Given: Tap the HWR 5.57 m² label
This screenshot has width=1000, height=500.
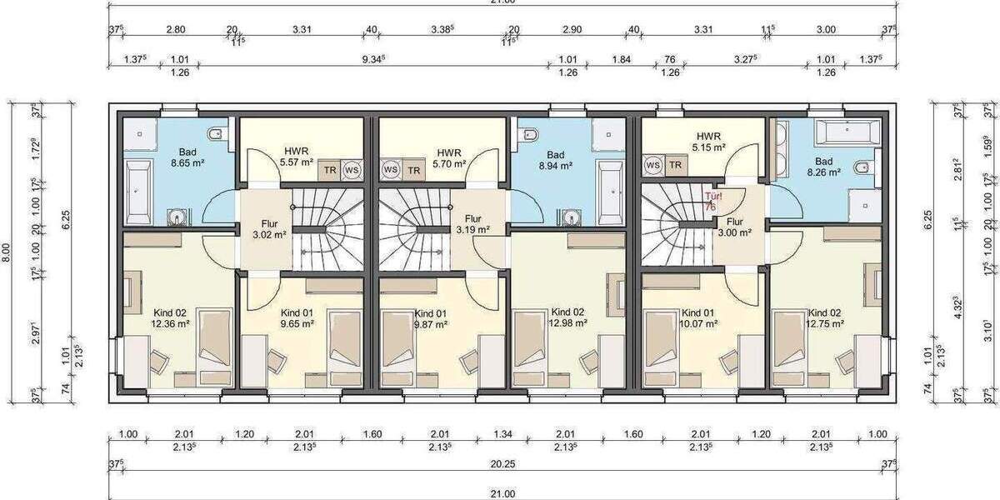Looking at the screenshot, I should point(296,156).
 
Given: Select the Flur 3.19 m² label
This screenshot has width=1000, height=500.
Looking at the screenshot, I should point(473,224).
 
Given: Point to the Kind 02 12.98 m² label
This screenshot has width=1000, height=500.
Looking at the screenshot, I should point(568,317).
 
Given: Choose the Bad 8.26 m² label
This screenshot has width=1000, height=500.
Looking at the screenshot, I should point(823,167).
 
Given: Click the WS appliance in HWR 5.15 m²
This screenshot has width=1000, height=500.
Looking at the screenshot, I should point(653,165).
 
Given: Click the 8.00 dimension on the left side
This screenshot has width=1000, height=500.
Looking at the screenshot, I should point(7,247).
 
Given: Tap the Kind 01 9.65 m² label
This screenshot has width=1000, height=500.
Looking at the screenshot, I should point(297,317).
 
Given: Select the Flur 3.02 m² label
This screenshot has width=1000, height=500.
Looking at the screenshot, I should point(268,230).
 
